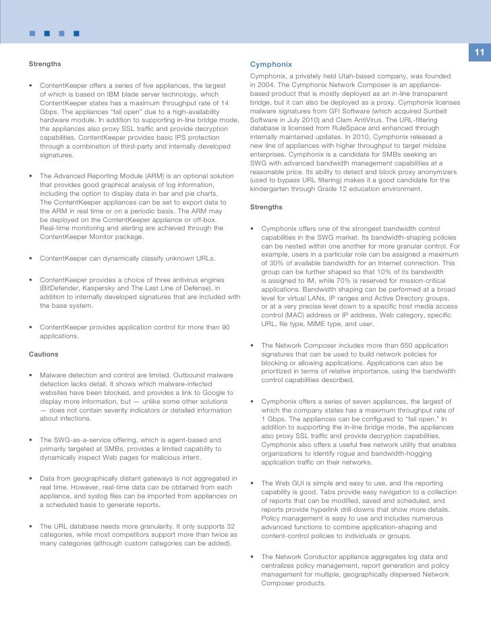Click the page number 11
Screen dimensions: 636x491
(x=480, y=53)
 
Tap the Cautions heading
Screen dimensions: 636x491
(x=44, y=354)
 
